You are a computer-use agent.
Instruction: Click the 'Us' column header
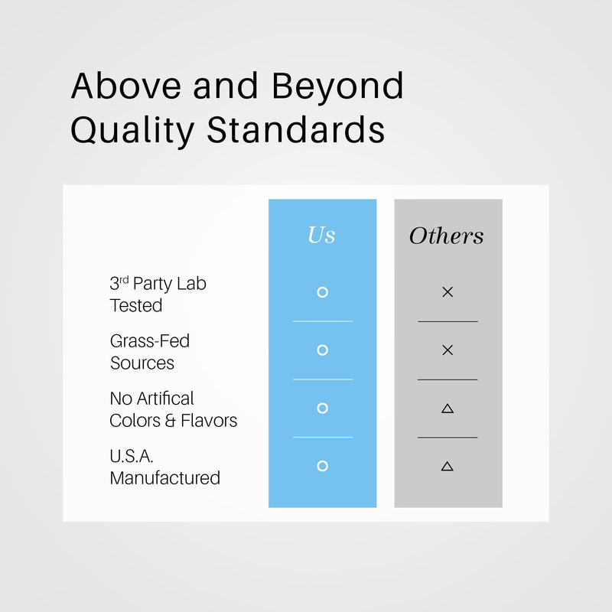point(321,235)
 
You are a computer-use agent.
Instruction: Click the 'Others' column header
point(447,236)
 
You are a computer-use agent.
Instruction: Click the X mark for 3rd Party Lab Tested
point(448,292)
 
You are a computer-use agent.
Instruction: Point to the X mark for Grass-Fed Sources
point(448,350)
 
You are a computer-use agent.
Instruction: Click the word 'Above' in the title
point(126,86)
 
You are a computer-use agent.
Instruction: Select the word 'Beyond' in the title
point(337,87)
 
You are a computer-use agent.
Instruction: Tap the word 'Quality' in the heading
point(132,131)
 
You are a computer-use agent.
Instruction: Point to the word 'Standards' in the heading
point(296,129)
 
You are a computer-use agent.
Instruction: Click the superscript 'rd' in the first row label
point(124,280)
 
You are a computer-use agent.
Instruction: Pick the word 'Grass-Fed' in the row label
point(150,340)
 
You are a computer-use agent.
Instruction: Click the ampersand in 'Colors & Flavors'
point(170,421)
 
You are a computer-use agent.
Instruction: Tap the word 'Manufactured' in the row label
point(165,477)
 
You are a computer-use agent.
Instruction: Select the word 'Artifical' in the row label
point(165,399)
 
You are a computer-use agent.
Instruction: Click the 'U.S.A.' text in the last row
point(132,456)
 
